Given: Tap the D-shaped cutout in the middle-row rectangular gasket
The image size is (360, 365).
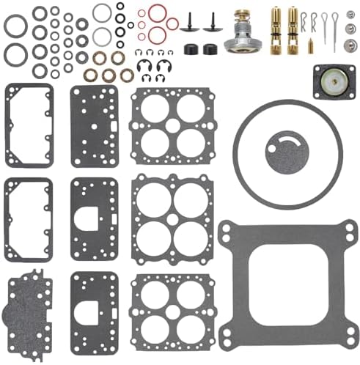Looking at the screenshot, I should coord(93,216).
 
